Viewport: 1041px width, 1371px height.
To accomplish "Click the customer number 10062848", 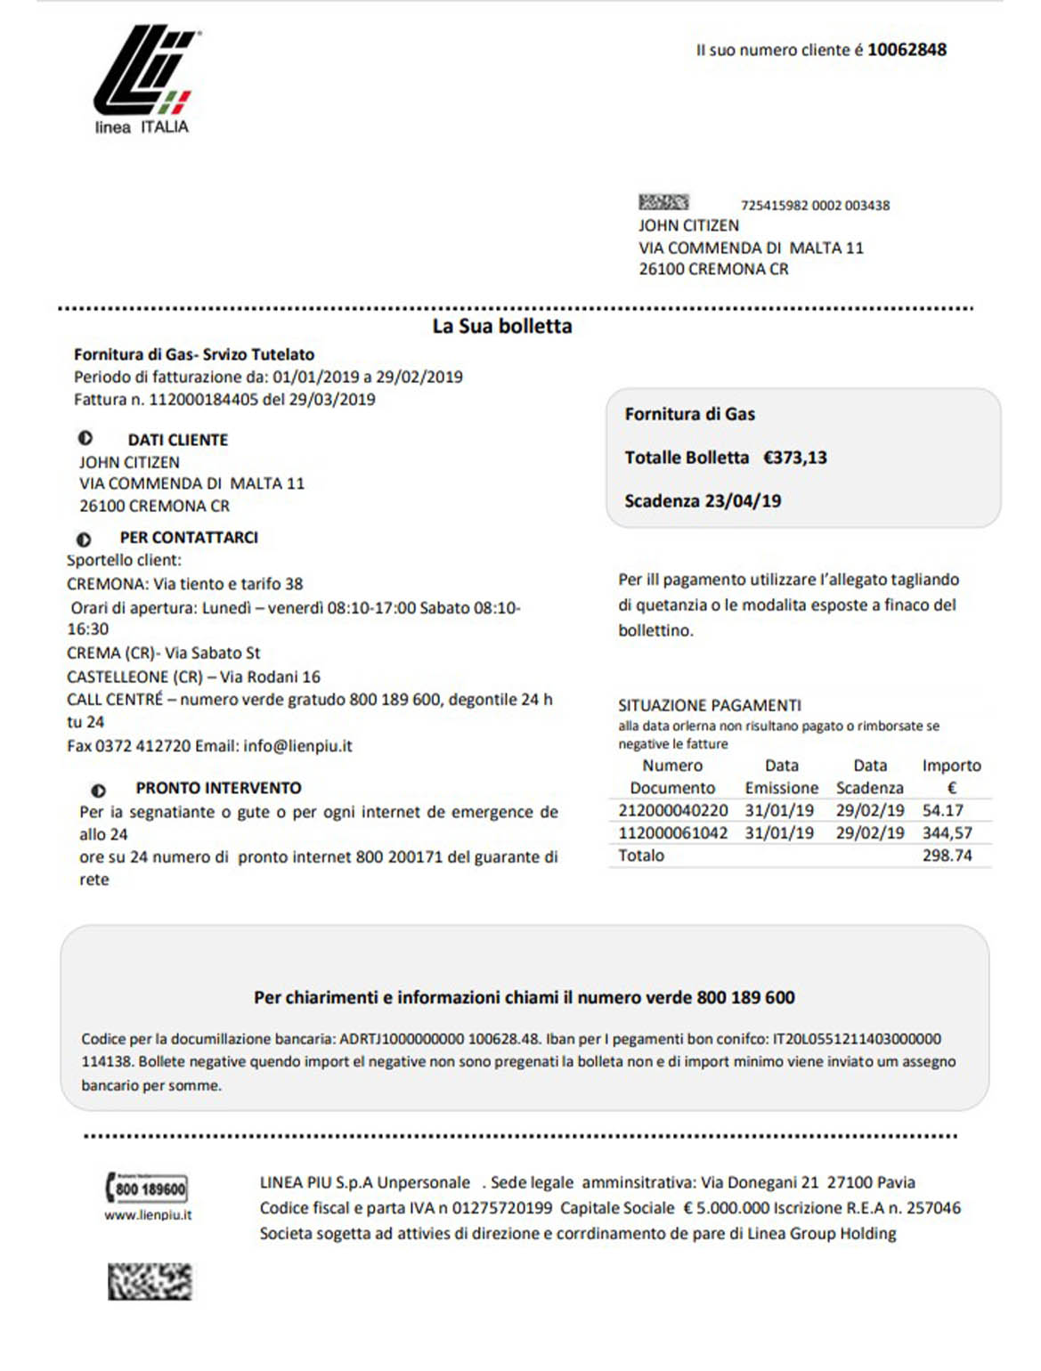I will [907, 50].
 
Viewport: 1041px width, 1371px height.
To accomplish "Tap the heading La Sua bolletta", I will [502, 327].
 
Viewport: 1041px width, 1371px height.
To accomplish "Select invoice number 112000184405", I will [203, 400].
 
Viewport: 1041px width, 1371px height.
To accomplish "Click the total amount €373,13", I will [795, 458].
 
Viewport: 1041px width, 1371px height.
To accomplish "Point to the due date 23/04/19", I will [743, 501].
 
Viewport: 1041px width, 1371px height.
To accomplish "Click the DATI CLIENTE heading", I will [177, 440].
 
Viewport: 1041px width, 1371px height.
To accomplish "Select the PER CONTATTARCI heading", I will [189, 538].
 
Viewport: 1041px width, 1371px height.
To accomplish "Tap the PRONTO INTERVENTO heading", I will [218, 788].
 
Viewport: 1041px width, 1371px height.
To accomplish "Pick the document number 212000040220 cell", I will [673, 811].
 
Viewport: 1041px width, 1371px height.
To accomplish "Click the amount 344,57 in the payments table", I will [947, 833].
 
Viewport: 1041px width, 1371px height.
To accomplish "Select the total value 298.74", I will [947, 856].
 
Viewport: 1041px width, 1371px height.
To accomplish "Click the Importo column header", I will [951, 766].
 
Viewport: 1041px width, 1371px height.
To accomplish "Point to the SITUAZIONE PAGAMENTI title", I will [710, 705].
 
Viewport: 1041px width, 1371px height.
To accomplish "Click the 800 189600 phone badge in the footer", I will [148, 1188].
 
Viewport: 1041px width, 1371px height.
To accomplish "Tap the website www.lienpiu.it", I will [148, 1215].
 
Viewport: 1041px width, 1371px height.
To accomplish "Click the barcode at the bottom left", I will [150, 1281].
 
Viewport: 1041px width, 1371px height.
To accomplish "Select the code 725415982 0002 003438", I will [815, 206].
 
